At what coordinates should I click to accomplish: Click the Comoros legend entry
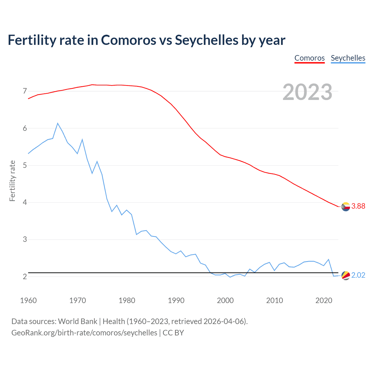point(309,58)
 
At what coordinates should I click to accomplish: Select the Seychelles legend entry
point(348,58)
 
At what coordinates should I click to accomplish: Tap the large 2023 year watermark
point(307,92)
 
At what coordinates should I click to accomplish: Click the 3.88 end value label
point(358,206)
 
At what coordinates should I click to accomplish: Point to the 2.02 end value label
point(358,275)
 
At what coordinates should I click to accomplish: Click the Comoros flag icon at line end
point(346,207)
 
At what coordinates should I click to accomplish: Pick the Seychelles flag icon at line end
point(346,275)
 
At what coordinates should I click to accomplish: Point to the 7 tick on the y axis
point(25,91)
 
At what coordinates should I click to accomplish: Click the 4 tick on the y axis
point(25,202)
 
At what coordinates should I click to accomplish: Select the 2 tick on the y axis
point(25,277)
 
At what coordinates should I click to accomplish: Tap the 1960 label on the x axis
point(28,300)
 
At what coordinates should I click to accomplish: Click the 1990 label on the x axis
point(176,300)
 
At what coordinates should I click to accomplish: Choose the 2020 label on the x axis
point(324,300)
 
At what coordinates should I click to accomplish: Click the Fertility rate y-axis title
point(12,181)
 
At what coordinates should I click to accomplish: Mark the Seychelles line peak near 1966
point(58,123)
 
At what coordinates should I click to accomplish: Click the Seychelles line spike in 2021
point(328,259)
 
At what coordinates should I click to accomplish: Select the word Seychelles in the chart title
point(206,40)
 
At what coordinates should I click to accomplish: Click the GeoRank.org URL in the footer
point(84,333)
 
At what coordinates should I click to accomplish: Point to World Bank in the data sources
point(78,321)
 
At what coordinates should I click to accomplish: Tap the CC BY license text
point(173,333)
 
